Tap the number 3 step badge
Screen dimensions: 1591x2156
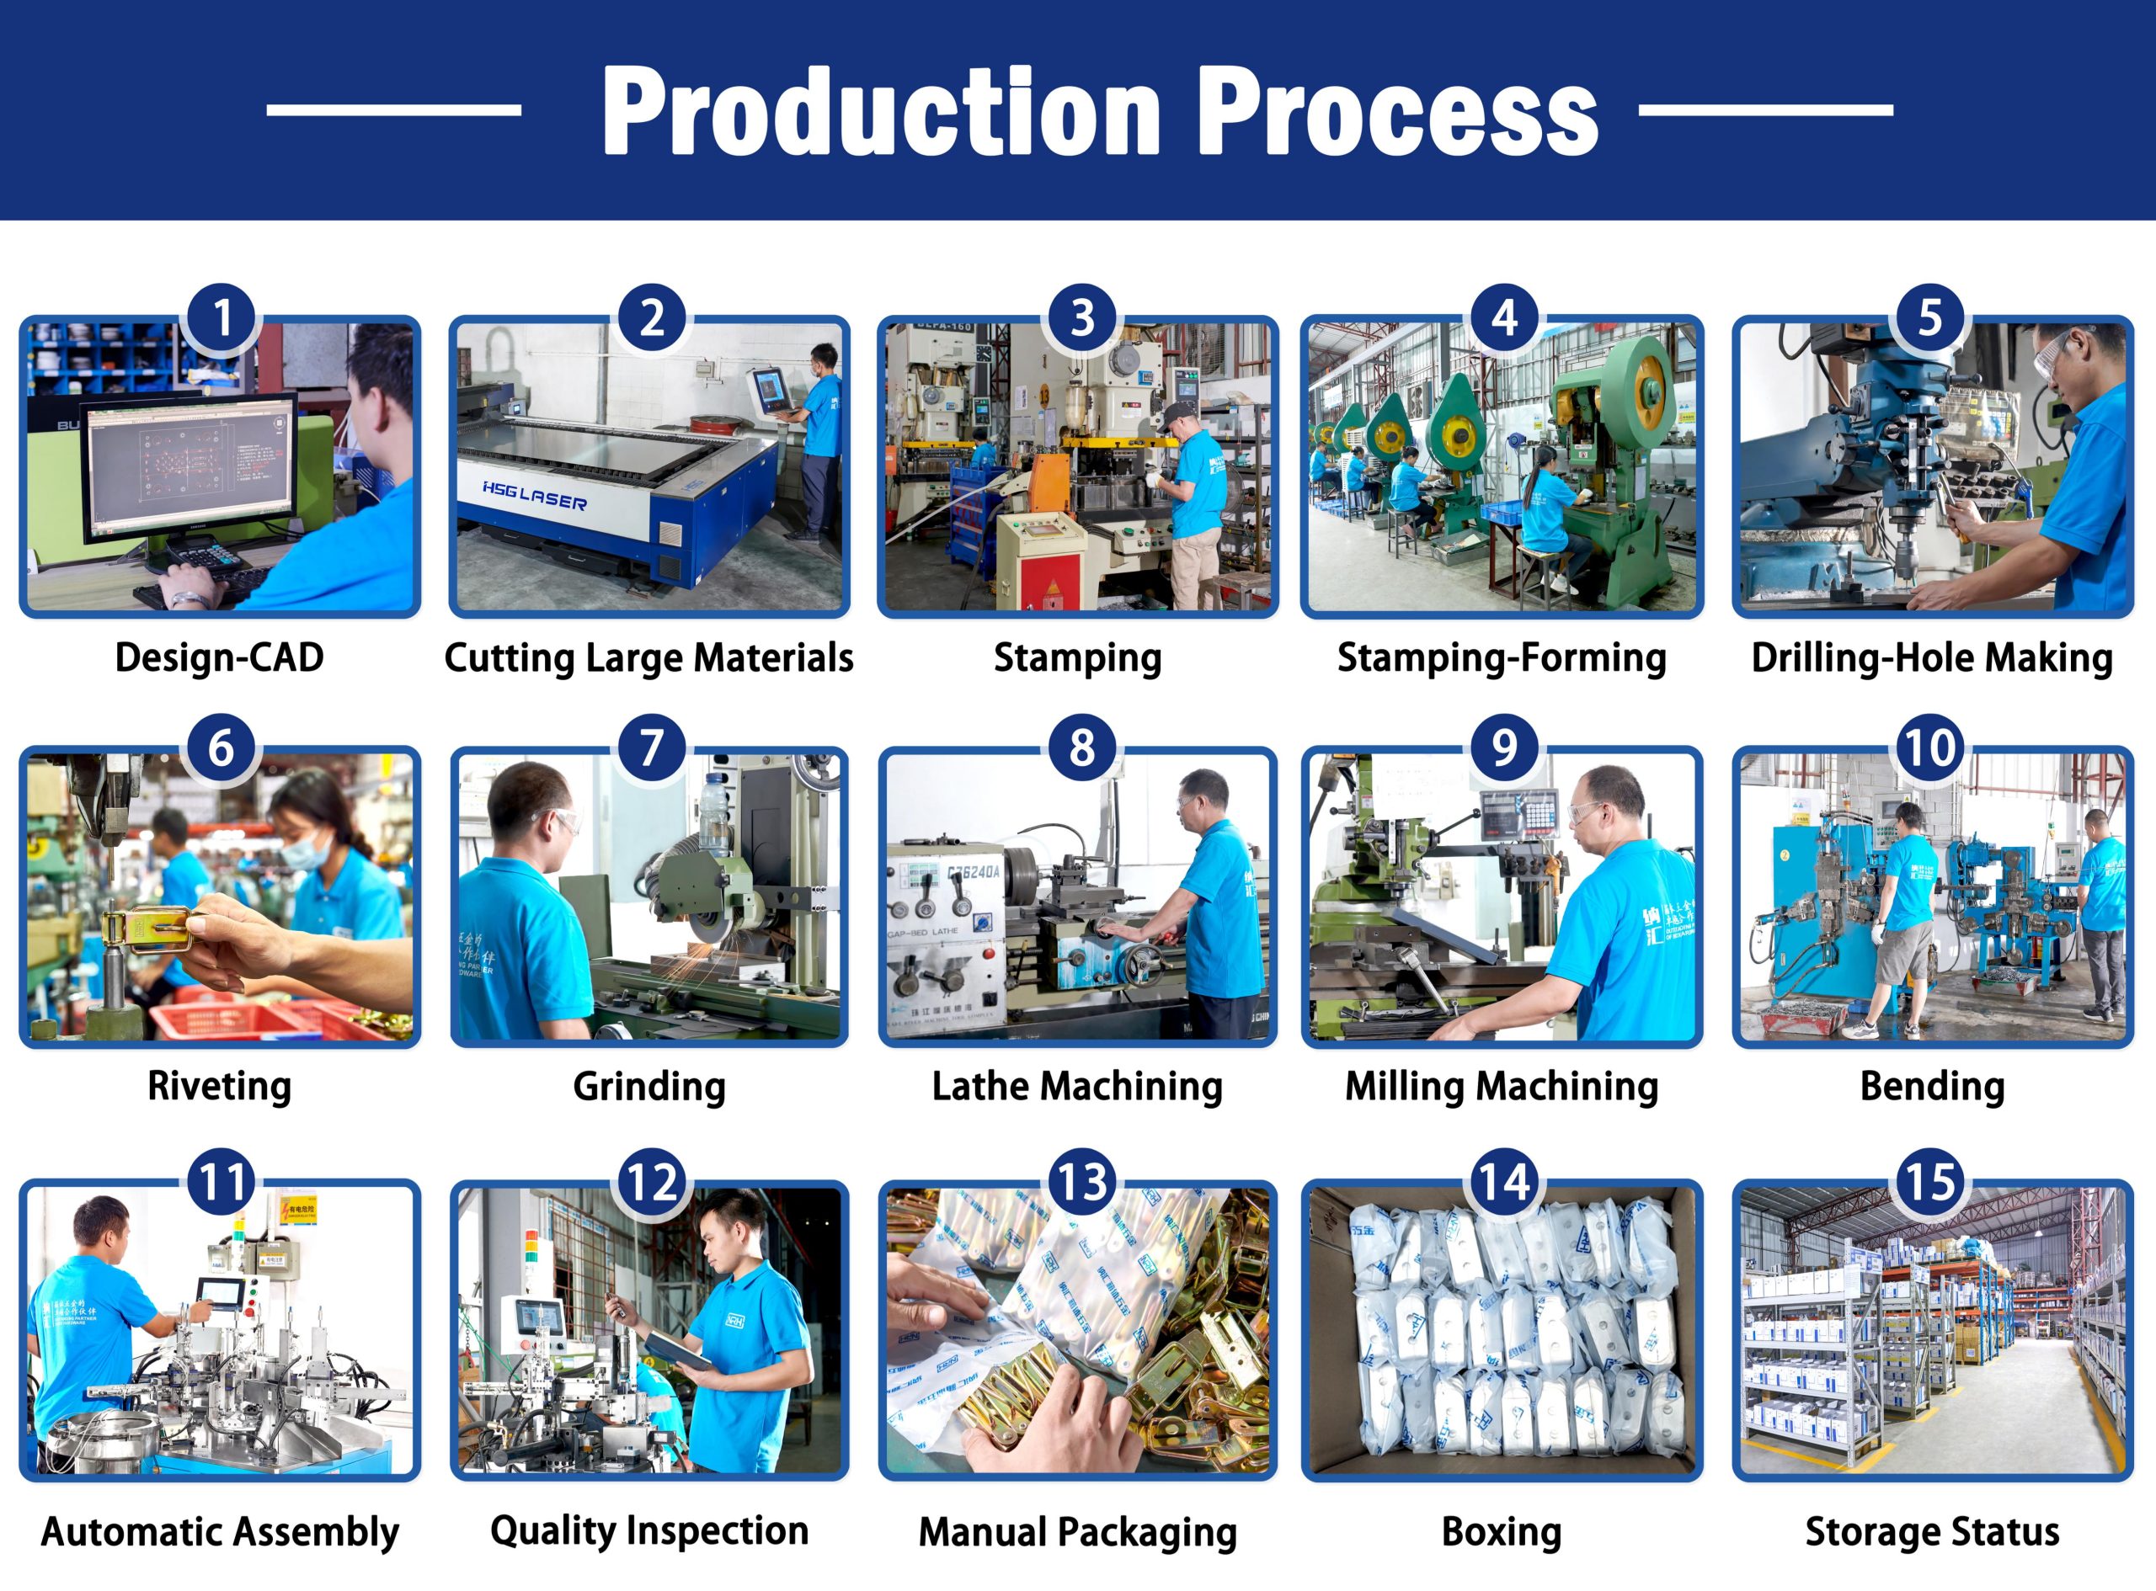click(1082, 319)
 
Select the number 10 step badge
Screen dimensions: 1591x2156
click(1929, 748)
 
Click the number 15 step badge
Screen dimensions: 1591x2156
click(1929, 1182)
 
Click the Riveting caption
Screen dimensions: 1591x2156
click(220, 1087)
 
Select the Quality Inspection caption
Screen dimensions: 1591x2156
click(649, 1530)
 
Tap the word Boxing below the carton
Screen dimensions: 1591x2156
click(1501, 1531)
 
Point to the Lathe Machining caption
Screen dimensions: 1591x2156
click(1077, 1087)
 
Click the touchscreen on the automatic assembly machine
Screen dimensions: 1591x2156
click(221, 1295)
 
